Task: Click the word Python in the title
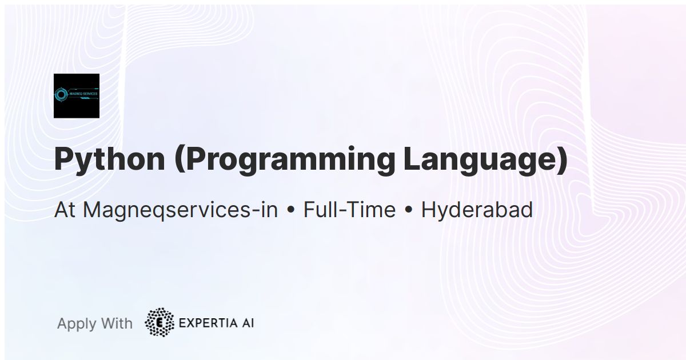pos(109,160)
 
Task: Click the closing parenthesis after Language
pos(561,160)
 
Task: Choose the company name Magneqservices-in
pos(180,210)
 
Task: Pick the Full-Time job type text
pos(349,210)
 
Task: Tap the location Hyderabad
pos(477,210)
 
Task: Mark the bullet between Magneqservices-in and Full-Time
pos(291,210)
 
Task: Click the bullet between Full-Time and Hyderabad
pos(408,210)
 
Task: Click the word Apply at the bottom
pos(77,323)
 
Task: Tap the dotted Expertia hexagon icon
pos(160,323)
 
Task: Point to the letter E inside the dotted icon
pos(160,323)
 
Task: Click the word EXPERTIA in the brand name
pos(207,323)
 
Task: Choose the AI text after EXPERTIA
pos(247,323)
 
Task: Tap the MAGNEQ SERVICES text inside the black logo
pos(83,93)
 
